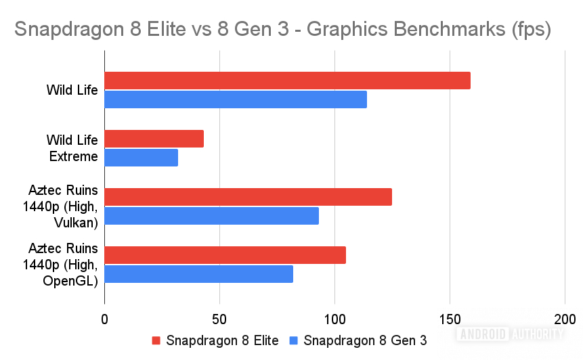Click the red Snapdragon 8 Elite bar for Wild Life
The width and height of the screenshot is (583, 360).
point(287,81)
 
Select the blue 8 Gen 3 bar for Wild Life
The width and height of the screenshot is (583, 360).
point(235,99)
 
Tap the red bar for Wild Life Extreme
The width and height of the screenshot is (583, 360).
point(154,139)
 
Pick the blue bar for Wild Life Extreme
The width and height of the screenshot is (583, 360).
point(141,158)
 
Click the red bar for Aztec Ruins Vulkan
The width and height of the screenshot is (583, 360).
point(248,197)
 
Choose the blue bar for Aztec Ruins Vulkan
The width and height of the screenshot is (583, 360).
point(211,216)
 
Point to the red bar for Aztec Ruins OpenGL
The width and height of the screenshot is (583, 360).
point(225,255)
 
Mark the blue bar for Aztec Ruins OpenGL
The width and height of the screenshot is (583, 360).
point(198,274)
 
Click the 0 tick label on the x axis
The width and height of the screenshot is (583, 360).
point(104,319)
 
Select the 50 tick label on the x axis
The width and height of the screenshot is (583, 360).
point(219,319)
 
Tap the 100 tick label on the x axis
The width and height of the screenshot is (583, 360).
point(334,319)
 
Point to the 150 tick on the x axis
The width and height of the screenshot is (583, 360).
point(450,319)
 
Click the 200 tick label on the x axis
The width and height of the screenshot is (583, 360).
point(565,319)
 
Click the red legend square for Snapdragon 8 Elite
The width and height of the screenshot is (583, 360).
point(156,340)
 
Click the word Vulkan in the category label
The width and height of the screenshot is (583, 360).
point(79,221)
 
